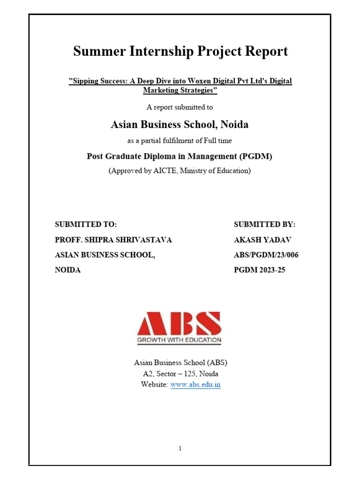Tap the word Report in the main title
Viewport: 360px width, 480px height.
tap(266, 52)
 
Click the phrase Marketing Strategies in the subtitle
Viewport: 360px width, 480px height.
tap(180, 90)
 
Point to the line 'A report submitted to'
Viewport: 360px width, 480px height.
tap(180, 107)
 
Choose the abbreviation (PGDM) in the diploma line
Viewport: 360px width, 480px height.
tap(255, 156)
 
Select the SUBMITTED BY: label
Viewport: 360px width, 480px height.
tap(265, 225)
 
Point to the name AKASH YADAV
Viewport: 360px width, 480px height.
tap(262, 240)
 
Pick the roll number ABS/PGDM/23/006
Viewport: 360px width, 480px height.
tap(266, 255)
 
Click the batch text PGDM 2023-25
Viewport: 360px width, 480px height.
tap(259, 270)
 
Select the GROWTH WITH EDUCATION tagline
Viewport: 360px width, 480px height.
tap(180, 340)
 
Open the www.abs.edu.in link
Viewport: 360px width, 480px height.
tap(195, 385)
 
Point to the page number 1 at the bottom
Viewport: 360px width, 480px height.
tap(180, 449)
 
